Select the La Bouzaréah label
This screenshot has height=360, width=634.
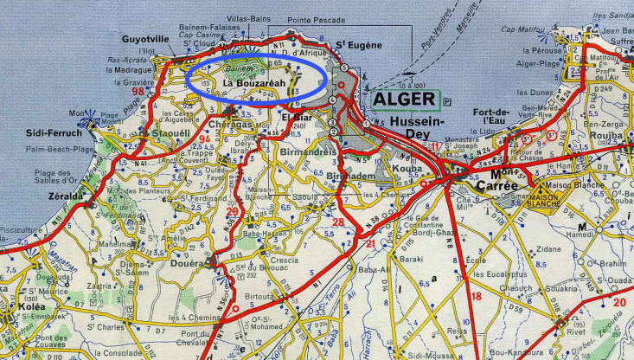click(x=255, y=83)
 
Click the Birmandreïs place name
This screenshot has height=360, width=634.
click(x=309, y=151)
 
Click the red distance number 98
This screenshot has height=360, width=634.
click(x=138, y=91)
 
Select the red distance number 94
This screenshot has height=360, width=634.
click(x=204, y=138)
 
